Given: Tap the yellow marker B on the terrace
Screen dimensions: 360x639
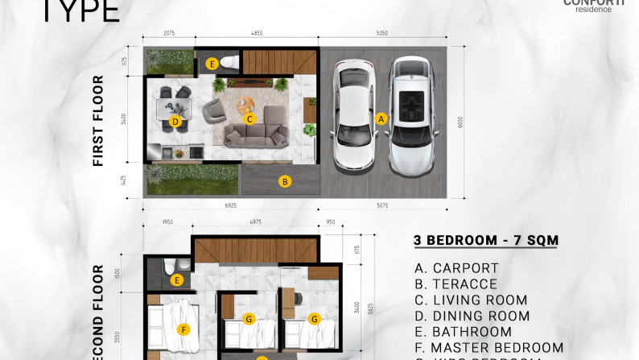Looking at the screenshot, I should (284, 181).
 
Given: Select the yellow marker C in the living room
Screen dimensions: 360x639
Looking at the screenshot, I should (250, 119).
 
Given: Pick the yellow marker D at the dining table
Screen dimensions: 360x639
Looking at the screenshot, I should (175, 122).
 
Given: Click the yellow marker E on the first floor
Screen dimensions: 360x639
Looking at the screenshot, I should (212, 63).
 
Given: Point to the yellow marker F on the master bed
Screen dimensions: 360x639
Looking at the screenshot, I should (184, 329).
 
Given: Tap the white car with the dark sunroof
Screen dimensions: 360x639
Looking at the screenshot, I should (415, 114).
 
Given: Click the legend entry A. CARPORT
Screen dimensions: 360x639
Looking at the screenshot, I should (456, 268).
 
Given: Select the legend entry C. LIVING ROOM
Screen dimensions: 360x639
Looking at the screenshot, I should (471, 300).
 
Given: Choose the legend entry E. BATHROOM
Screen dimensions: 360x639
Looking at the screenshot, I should (463, 331).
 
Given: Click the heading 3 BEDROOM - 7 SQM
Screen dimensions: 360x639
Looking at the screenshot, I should (486, 240).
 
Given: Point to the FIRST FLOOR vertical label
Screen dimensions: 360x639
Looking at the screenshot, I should (99, 121).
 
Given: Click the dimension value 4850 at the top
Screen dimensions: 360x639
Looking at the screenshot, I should (256, 35).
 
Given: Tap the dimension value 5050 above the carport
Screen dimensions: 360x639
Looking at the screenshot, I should (382, 35).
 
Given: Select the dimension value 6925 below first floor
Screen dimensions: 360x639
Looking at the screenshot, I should (230, 205).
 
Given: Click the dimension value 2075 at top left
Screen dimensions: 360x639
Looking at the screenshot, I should (169, 35).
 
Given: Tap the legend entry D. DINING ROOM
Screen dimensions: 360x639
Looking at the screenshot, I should (470, 316).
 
